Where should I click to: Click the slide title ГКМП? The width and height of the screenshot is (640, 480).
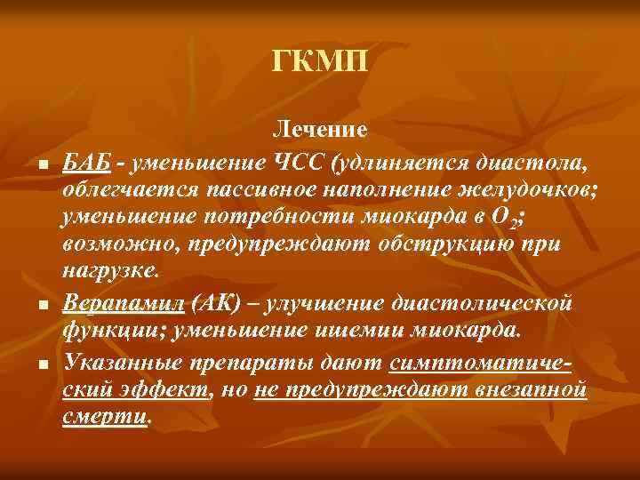(319, 64)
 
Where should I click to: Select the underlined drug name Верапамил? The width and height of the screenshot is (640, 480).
(123, 304)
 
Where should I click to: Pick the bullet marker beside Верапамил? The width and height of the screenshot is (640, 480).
(42, 306)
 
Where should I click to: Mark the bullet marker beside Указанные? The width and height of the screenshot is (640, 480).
(42, 363)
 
